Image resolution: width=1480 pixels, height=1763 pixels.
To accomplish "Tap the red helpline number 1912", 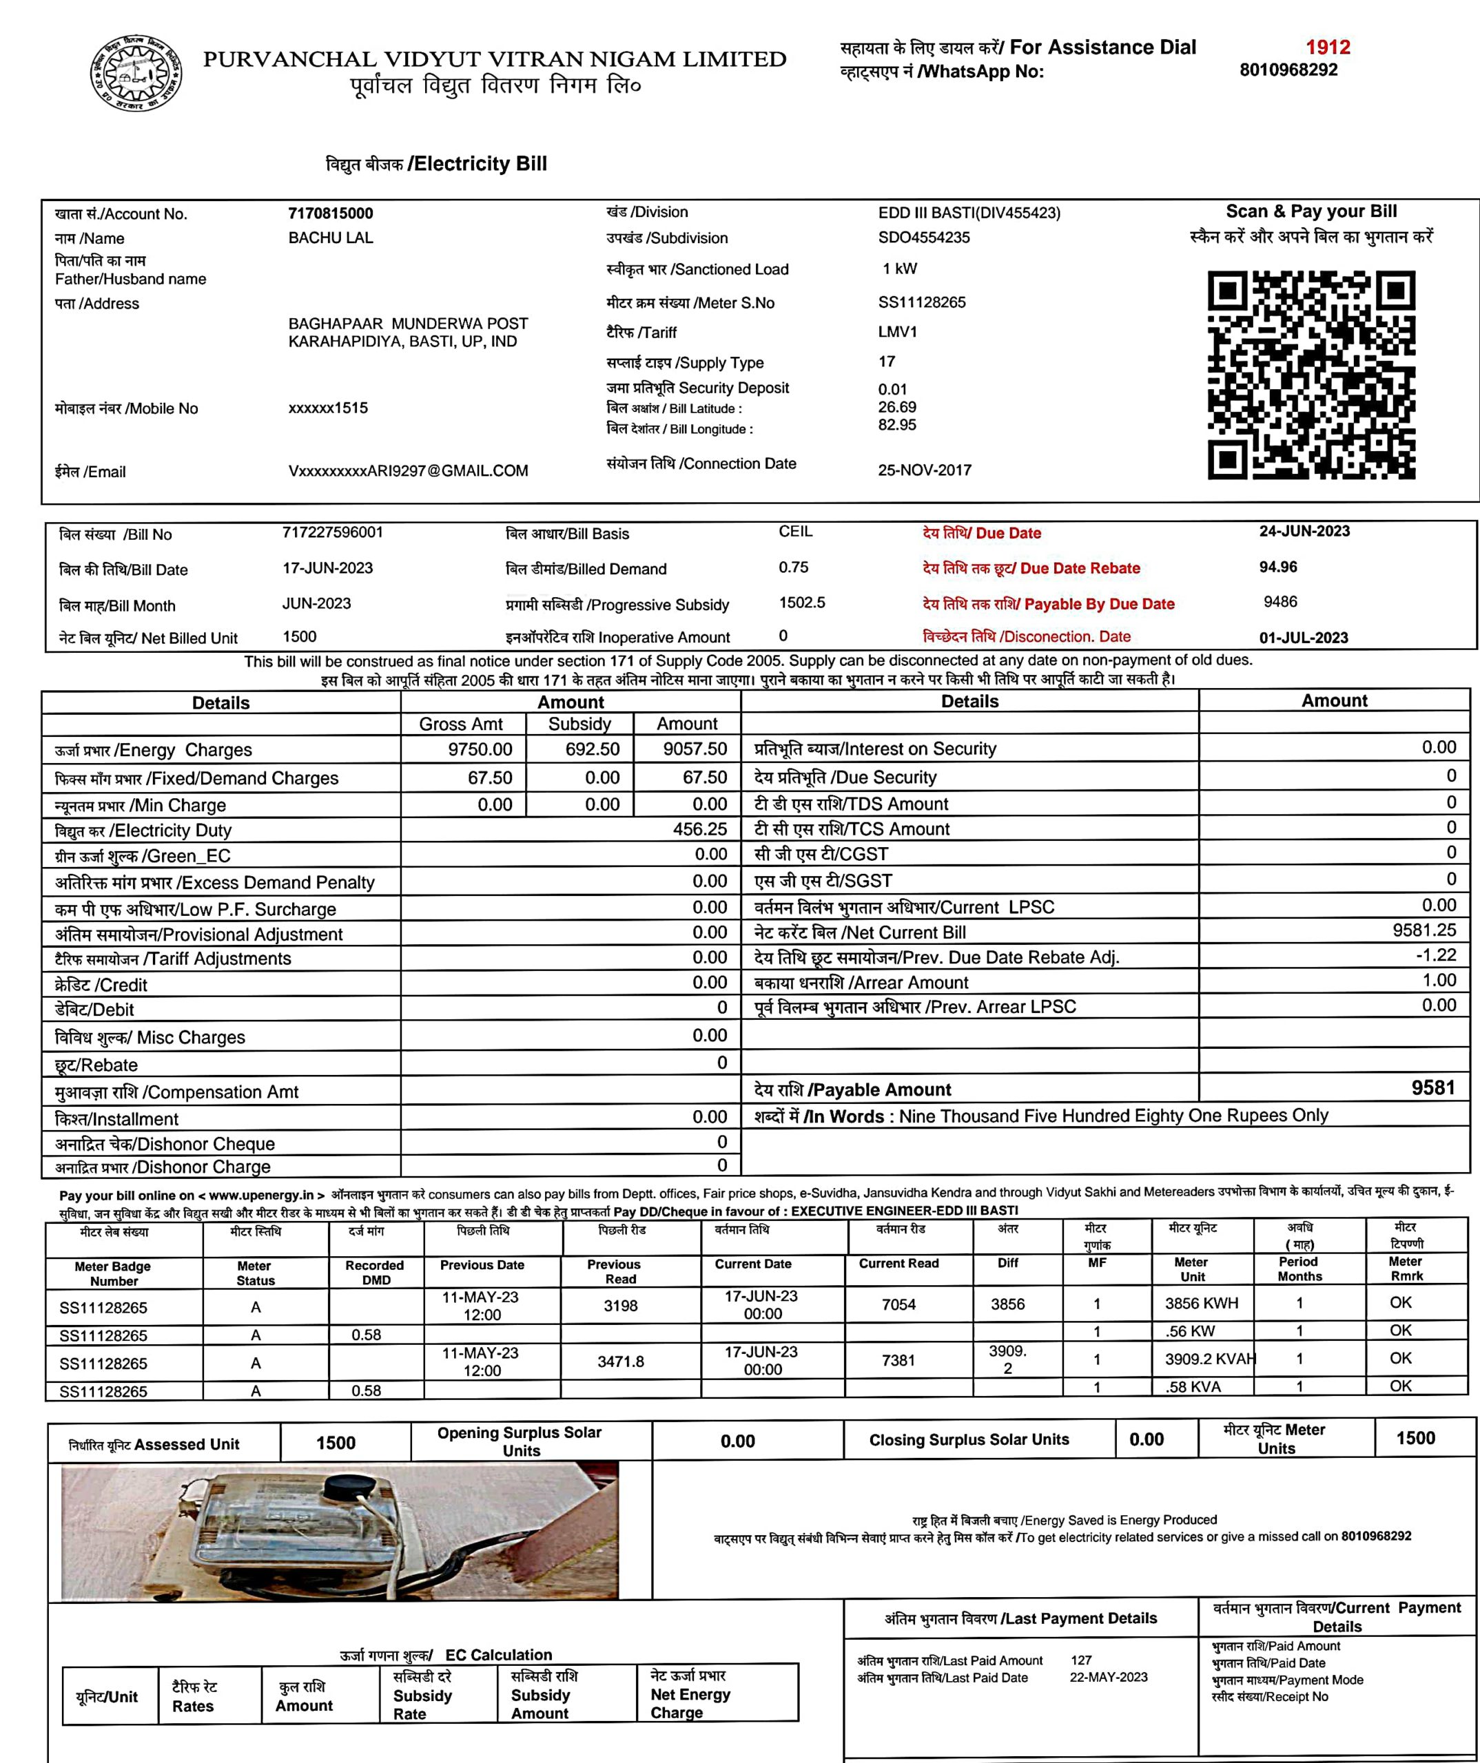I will click(x=1327, y=47).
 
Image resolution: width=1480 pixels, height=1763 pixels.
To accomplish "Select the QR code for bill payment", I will click(x=1311, y=375).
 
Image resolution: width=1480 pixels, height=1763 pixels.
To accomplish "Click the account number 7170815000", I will click(x=330, y=213).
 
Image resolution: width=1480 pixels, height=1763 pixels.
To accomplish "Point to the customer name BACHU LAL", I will click(x=330, y=238).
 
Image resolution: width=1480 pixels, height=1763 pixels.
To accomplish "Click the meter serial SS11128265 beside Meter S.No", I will click(x=921, y=302).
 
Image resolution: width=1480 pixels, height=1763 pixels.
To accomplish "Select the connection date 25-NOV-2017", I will click(x=924, y=470).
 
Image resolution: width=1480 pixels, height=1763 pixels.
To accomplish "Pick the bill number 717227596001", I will click(x=333, y=532).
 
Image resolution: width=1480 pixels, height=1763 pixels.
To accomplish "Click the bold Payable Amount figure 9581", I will click(x=1432, y=1088).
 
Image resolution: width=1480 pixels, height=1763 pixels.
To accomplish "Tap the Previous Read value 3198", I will click(x=621, y=1306).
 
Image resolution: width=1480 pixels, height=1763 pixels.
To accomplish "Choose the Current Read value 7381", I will click(x=898, y=1360).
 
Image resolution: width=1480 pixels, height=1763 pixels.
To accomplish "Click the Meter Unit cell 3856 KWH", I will click(x=1201, y=1304).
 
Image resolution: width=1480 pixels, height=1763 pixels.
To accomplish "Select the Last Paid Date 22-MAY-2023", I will click(x=1108, y=1678).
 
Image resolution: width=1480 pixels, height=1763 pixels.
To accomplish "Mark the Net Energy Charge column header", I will click(x=690, y=1694).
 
